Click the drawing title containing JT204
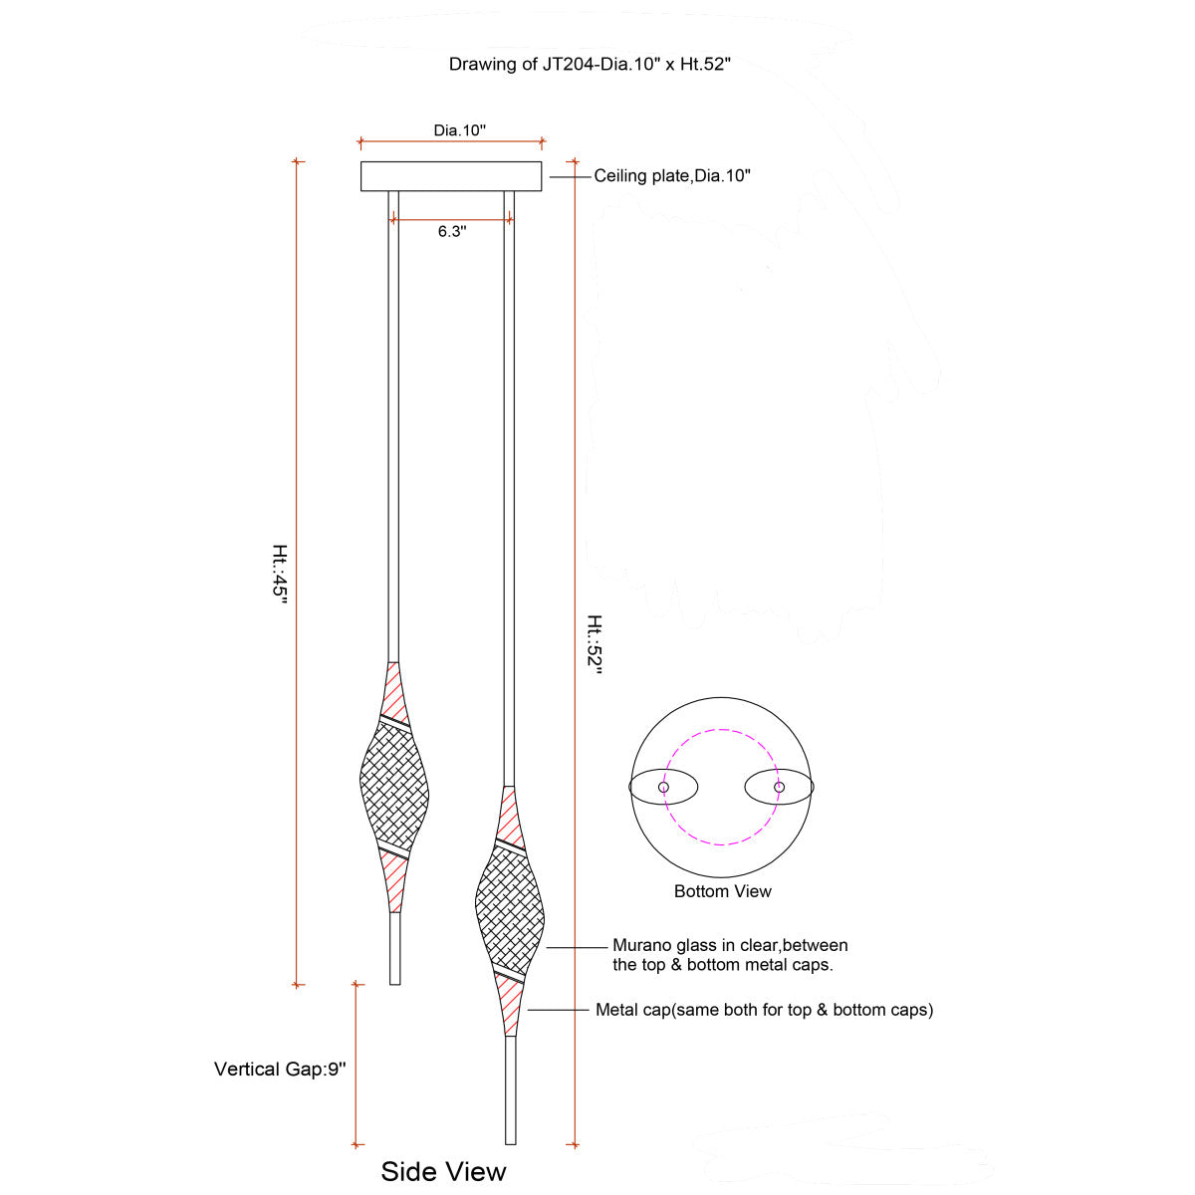590,64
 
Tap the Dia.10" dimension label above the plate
459,130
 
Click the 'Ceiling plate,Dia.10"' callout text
671,176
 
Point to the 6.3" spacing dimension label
452,231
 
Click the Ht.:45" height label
280,574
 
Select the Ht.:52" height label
595,644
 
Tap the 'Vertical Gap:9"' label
280,1069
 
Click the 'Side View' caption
443,1171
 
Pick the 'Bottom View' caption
722,891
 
